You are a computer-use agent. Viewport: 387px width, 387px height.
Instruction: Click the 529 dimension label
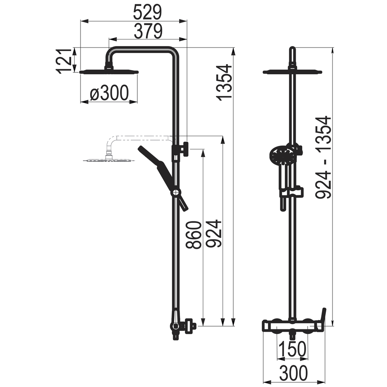147,12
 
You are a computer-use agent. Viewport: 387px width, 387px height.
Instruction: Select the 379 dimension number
148,31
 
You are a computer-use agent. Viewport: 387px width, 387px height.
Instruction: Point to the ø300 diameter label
110,93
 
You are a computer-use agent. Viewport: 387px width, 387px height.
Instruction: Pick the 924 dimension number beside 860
214,233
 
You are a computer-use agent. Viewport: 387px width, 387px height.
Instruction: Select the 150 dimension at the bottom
293,349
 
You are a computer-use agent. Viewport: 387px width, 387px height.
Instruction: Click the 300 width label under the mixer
293,373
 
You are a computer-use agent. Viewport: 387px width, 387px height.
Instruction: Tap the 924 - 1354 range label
323,157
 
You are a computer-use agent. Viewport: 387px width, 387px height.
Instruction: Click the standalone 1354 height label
224,82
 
